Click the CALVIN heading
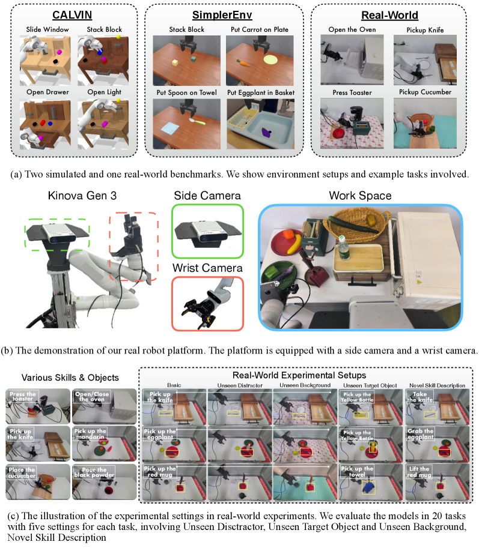[x=72, y=15]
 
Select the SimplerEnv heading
[x=222, y=15]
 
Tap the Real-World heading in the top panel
[x=389, y=15]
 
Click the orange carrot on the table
[x=243, y=63]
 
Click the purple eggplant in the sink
[x=266, y=132]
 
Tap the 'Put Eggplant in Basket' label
[x=261, y=92]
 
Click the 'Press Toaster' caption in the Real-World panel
[x=352, y=92]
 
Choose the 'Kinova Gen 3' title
[x=82, y=196]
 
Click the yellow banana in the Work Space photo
[x=294, y=245]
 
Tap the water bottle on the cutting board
[x=343, y=247]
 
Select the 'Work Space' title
[x=360, y=196]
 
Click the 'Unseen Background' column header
[x=305, y=385]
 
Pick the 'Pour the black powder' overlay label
[x=94, y=472]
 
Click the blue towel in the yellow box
[x=368, y=487]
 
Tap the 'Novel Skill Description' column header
[x=437, y=385]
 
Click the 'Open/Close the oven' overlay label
[x=92, y=396]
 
